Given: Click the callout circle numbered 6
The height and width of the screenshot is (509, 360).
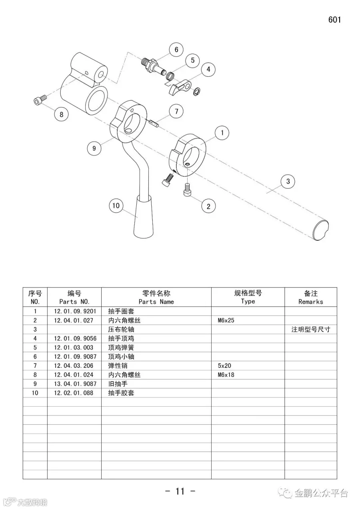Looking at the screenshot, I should coord(176,50).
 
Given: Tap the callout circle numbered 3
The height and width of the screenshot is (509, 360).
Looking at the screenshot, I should coord(288,182).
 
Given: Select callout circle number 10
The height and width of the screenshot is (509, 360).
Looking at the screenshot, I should coord(116,206).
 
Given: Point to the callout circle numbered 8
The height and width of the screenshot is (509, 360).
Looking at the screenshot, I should coord(61,115).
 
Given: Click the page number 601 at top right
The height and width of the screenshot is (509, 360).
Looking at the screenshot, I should coord(334,20).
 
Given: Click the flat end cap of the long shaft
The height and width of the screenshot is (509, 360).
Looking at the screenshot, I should coord(321,231).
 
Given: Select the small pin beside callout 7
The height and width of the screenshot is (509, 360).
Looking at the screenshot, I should coord(154,122).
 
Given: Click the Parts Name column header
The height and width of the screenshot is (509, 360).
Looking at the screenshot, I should coord(156,297).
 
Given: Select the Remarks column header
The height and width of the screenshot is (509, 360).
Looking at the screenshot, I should coord(310,297).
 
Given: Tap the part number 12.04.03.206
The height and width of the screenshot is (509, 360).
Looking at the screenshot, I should coord(73,366).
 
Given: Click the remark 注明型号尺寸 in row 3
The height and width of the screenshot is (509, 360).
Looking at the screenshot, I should coord(311,330).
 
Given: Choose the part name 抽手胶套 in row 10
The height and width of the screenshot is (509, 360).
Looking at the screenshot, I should coord(121,393).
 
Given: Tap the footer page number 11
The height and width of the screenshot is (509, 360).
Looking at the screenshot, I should coord(180,491).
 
